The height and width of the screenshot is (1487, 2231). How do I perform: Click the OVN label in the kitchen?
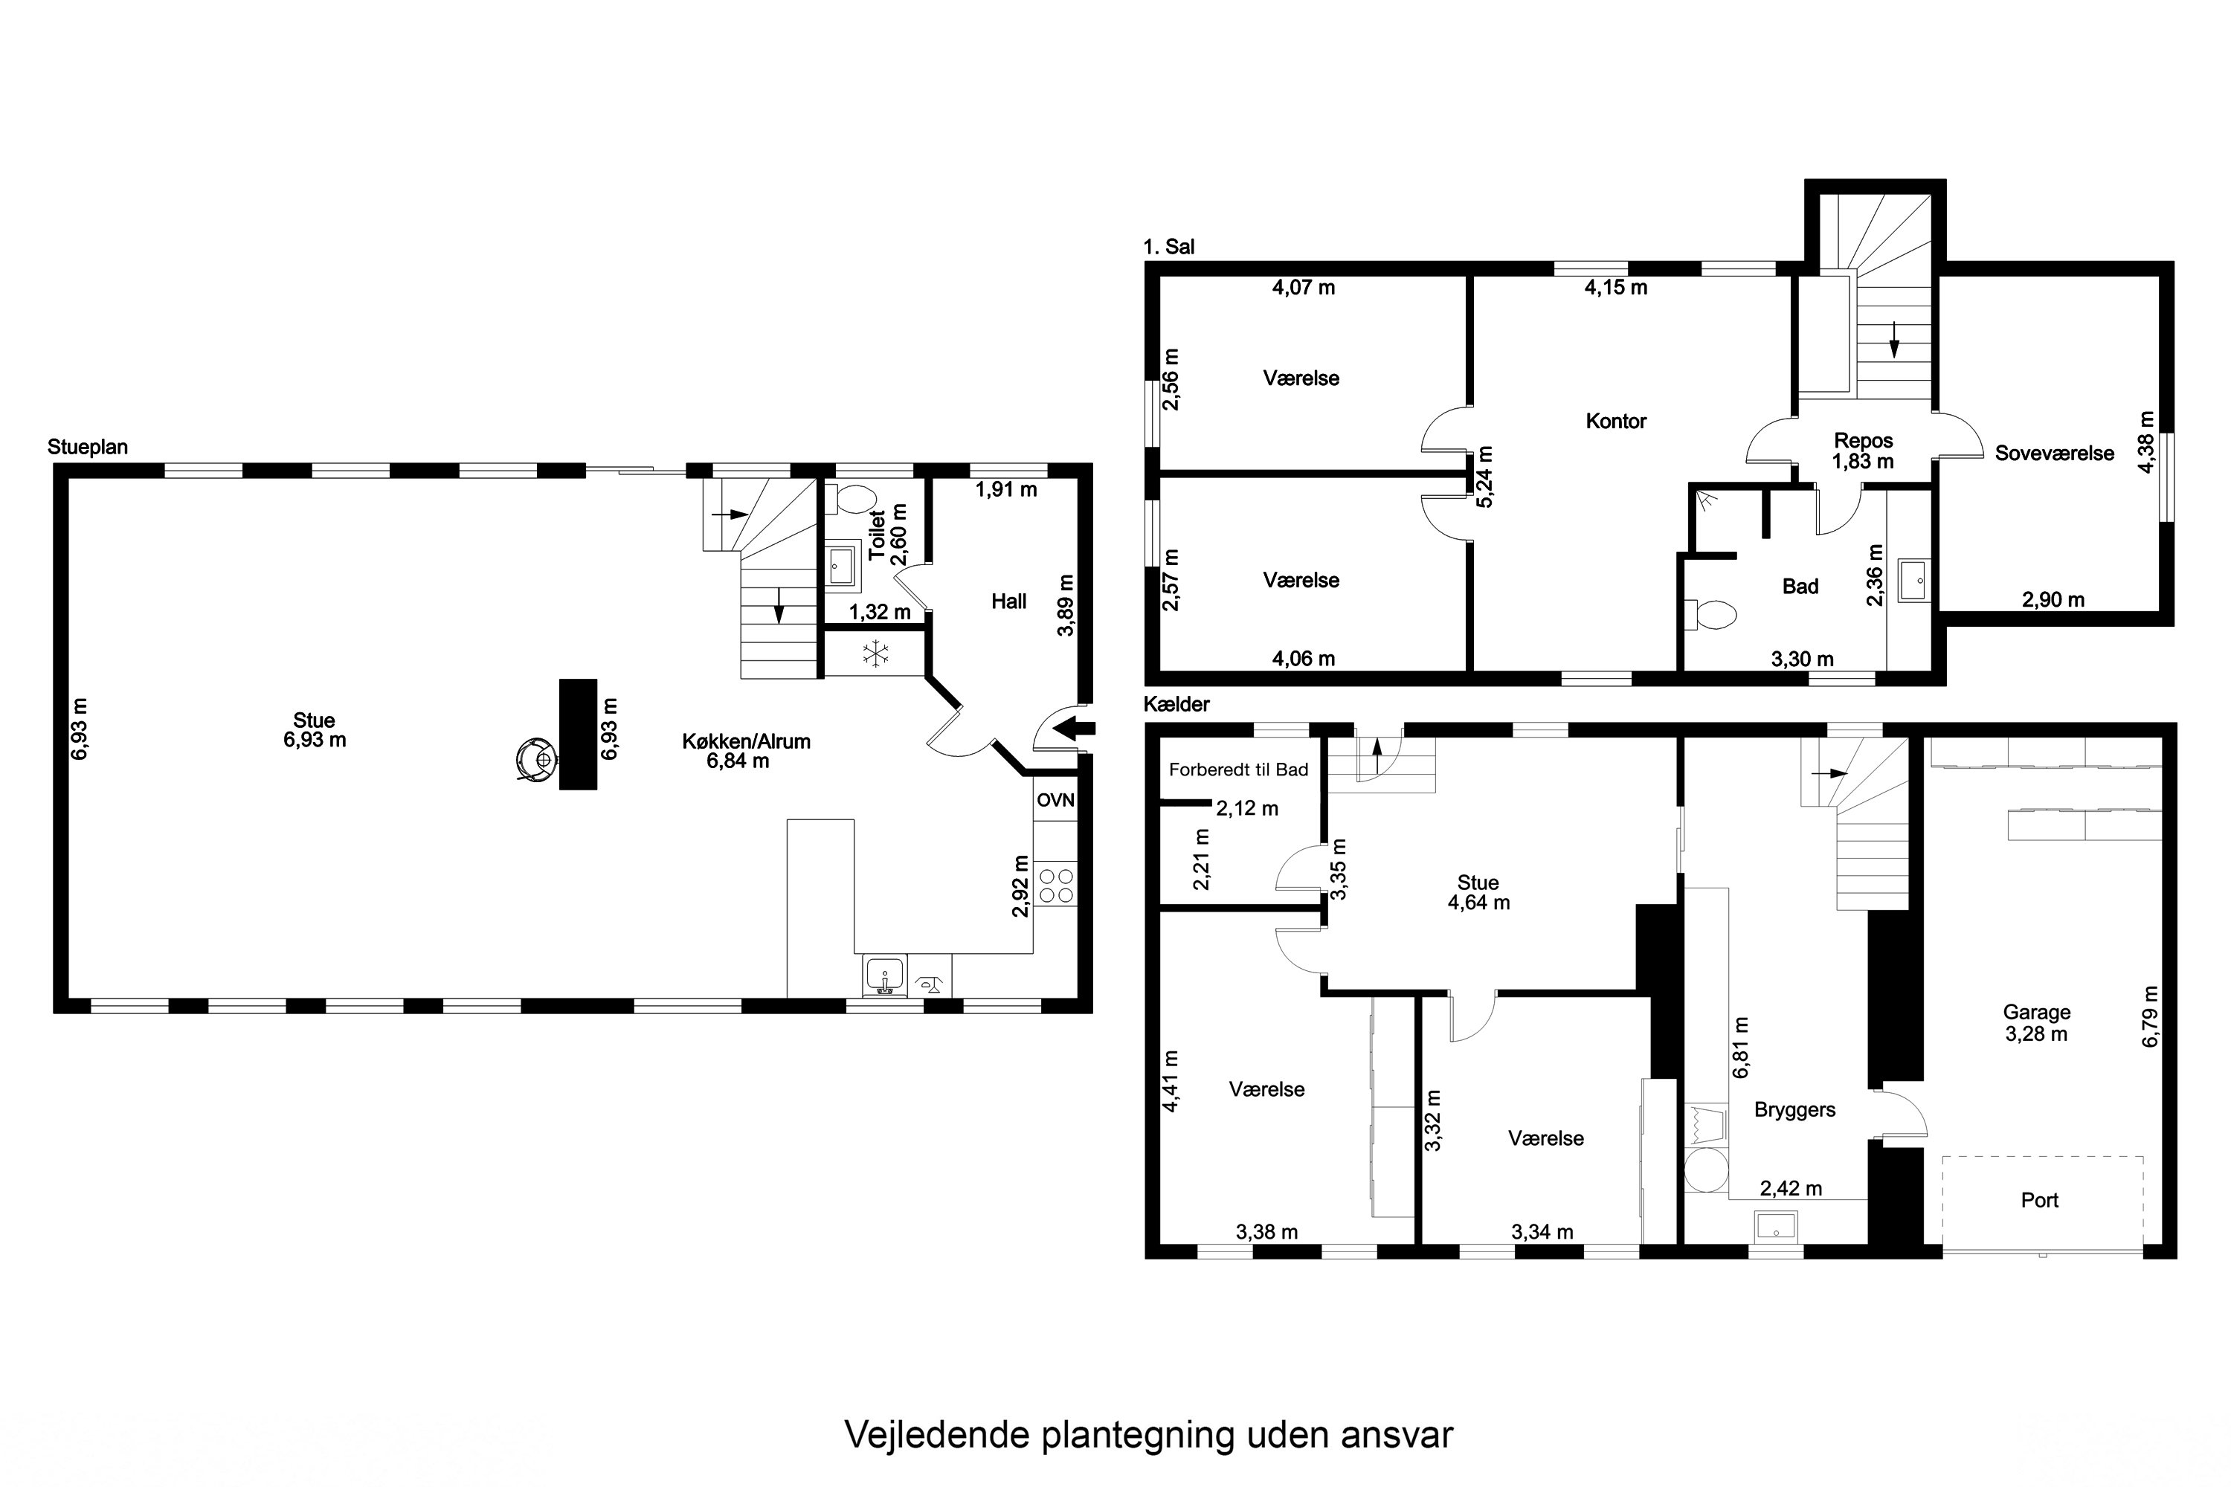[1055, 801]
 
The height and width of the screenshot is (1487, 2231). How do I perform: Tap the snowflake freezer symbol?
[875, 654]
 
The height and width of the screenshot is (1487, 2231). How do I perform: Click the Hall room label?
[1008, 601]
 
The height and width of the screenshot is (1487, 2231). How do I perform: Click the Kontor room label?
[1615, 421]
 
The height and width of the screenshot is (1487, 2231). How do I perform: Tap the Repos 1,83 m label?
[1863, 451]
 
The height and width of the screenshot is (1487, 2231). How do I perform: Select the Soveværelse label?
[2053, 454]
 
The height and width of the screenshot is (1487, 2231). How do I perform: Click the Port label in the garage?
[2039, 1201]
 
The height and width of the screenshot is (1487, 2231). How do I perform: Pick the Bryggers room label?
[1794, 1109]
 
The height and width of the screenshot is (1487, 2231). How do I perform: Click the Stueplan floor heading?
[87, 447]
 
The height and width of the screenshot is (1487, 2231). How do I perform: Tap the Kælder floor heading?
[1176, 703]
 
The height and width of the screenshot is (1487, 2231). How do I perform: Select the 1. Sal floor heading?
[1168, 247]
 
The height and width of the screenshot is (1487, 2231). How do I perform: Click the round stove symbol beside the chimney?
[535, 758]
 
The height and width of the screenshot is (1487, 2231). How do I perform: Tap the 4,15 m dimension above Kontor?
[1615, 287]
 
